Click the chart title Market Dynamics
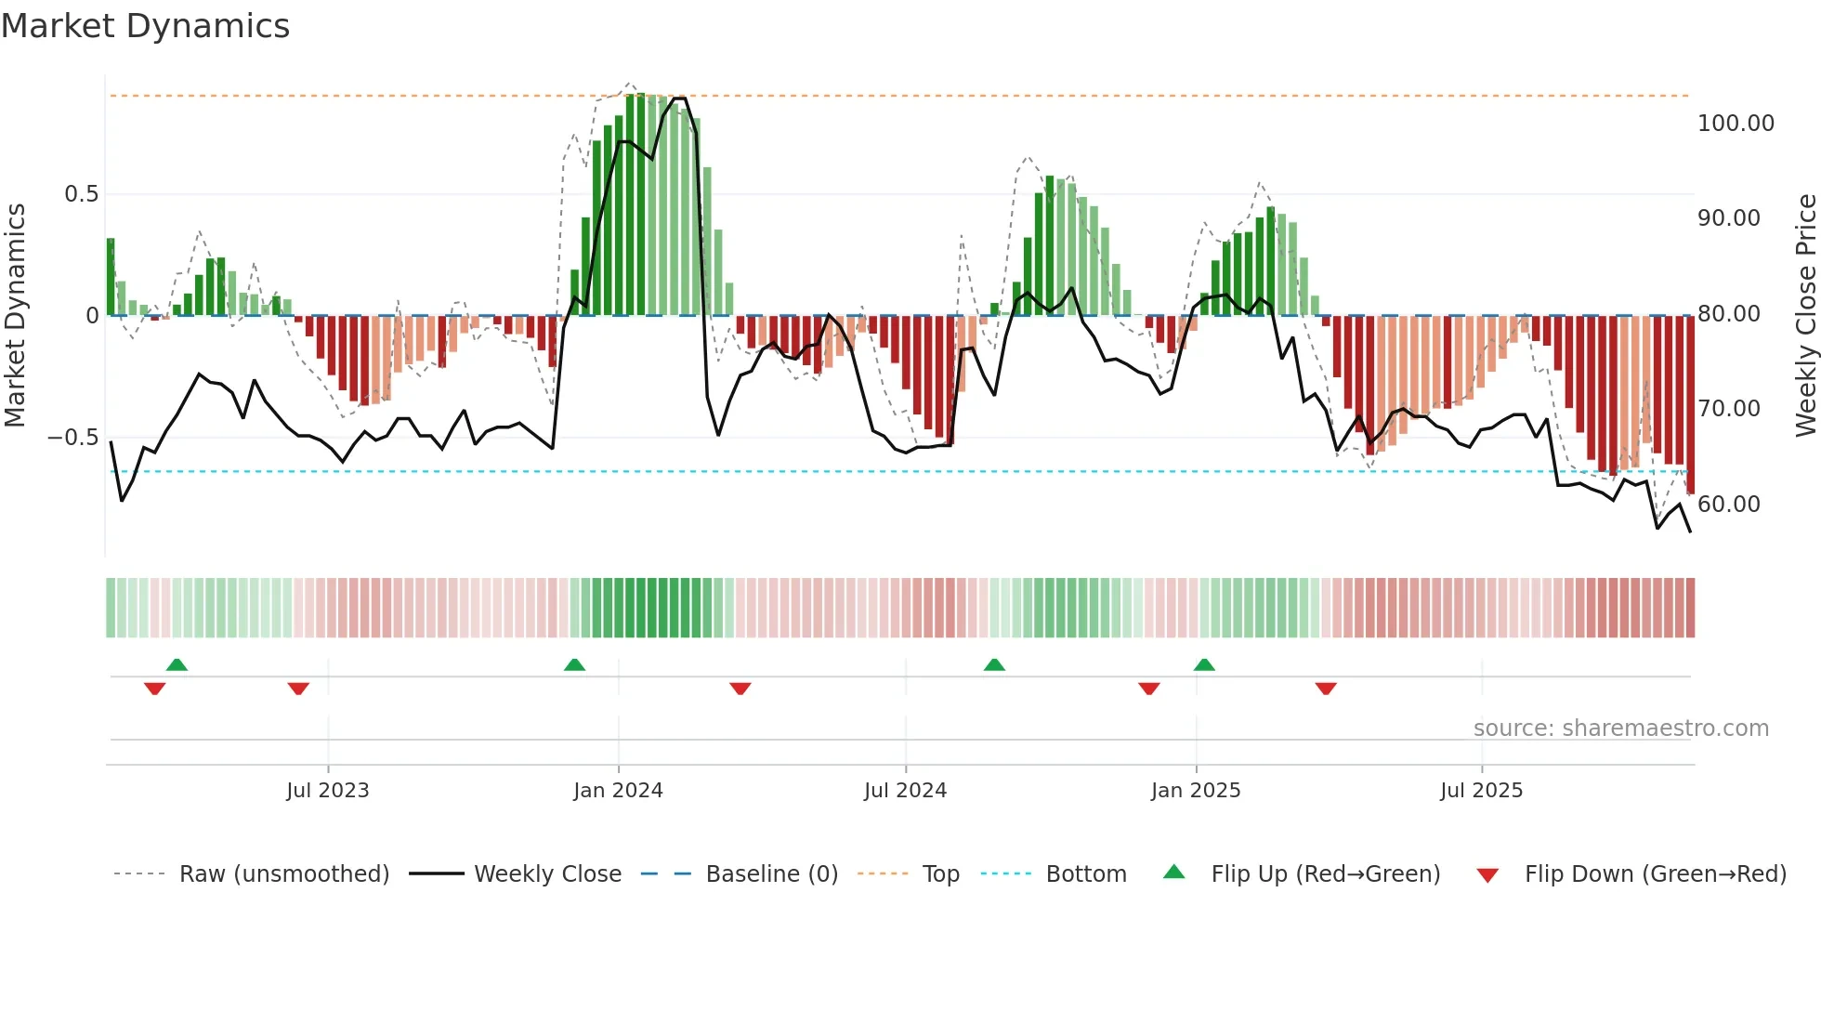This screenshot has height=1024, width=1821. click(x=145, y=26)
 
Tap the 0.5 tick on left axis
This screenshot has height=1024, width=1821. click(x=81, y=194)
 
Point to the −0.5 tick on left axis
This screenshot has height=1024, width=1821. click(x=73, y=438)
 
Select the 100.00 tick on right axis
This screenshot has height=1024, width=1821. click(x=1736, y=124)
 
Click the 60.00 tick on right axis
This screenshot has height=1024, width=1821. click(x=1728, y=505)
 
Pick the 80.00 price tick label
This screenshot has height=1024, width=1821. click(x=1728, y=314)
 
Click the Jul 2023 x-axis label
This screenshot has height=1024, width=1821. click(x=327, y=791)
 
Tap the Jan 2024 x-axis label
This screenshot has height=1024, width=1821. click(x=618, y=791)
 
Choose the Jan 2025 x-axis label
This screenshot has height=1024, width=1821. click(x=1195, y=791)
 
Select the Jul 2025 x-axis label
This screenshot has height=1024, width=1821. click(x=1481, y=791)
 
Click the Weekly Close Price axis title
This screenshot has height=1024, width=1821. click(x=1805, y=316)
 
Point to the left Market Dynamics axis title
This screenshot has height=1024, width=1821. click(x=15, y=316)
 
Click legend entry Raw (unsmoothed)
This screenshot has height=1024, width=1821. click(x=283, y=874)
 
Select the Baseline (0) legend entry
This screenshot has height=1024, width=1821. click(x=771, y=874)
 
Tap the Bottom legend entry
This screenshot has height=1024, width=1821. click(x=1085, y=874)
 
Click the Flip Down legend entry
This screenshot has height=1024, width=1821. click(x=1655, y=874)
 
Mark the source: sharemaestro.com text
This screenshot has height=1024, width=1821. click(x=1620, y=729)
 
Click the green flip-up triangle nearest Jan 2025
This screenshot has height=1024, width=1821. click(x=1204, y=664)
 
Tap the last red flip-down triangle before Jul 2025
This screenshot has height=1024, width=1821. click(x=1326, y=689)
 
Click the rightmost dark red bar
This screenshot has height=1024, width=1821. click(x=1690, y=404)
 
